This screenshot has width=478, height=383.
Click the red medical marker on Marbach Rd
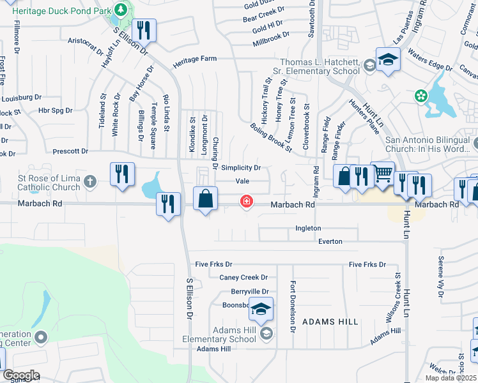[245, 202]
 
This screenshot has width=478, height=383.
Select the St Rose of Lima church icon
[90, 182]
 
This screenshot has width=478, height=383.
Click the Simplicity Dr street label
[241, 168]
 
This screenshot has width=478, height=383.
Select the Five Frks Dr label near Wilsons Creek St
[367, 264]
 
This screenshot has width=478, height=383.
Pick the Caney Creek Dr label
[243, 277]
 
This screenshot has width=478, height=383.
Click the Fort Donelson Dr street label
[293, 307]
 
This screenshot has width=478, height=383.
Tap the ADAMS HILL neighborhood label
[330, 322]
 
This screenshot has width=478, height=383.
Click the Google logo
[21, 375]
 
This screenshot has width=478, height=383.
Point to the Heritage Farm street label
[195, 58]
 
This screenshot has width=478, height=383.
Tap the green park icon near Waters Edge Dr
[420, 96]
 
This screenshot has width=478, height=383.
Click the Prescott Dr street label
[70, 151]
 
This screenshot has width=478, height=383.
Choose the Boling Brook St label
[272, 137]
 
